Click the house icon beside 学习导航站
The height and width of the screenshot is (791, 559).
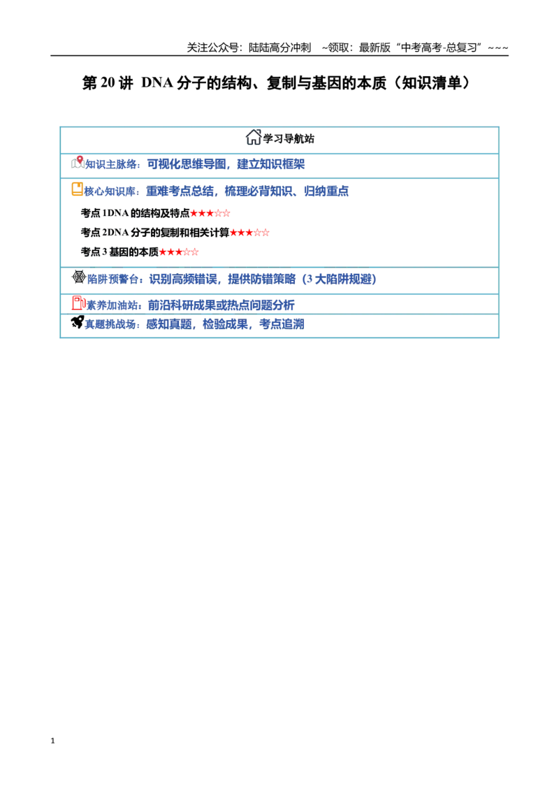pyautogui.click(x=253, y=137)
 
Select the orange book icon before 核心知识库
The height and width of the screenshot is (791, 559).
pyautogui.click(x=77, y=189)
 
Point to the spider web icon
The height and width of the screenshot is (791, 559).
pyautogui.click(x=79, y=277)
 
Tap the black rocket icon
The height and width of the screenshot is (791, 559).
pyautogui.click(x=77, y=322)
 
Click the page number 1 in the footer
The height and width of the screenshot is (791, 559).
pyautogui.click(x=52, y=741)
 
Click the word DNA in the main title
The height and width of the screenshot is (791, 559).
pyautogui.click(x=157, y=82)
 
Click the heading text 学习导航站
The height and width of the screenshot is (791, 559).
pyautogui.click(x=289, y=138)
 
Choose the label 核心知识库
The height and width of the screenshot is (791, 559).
pyautogui.click(x=110, y=191)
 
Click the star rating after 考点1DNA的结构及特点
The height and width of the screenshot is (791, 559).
pyautogui.click(x=210, y=213)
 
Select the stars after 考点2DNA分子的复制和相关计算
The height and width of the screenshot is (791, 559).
pyautogui.click(x=249, y=233)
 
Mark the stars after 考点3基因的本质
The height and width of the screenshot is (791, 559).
pyautogui.click(x=179, y=252)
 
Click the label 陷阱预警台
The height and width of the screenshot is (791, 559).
pyautogui.click(x=112, y=279)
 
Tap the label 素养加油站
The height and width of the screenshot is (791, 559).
pyautogui.click(x=112, y=305)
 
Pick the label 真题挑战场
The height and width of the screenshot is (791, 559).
pyautogui.click(x=110, y=324)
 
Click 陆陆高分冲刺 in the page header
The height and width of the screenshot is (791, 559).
pyautogui.click(x=280, y=48)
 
